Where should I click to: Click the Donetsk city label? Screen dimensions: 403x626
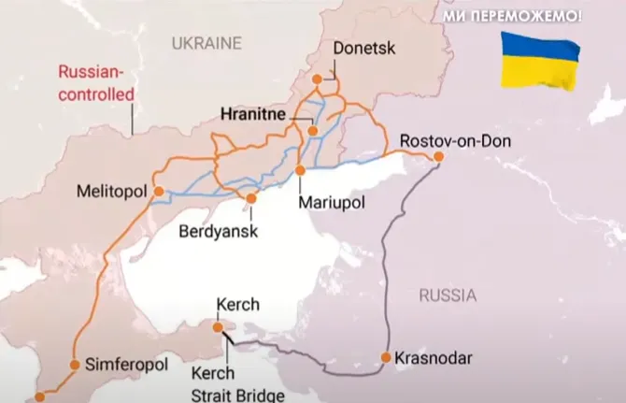pos(360,48)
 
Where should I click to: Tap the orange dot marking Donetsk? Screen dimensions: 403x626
pos(317,79)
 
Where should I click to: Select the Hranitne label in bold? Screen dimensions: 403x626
pos(255,117)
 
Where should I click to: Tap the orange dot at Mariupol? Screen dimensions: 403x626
pos(300,171)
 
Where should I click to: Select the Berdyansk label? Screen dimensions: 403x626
pos(220,230)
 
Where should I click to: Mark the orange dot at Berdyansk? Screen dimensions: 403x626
pos(250,198)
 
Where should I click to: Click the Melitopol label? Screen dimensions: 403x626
pos(113,192)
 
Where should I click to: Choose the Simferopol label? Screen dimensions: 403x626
pos(125,363)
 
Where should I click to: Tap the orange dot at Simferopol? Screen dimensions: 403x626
pos(75,363)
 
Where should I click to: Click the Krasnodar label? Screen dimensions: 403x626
pos(434,357)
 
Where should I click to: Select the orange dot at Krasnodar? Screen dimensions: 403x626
pos(385,357)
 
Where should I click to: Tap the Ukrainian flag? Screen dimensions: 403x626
pos(538,59)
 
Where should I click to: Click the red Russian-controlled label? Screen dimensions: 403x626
pos(96,81)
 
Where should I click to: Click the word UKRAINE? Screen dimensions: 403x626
pos(206,43)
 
